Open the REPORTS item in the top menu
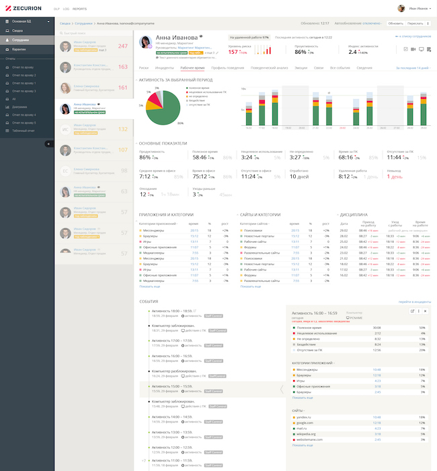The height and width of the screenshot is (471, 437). [x=79, y=9]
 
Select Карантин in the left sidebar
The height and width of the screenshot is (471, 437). [x=19, y=49]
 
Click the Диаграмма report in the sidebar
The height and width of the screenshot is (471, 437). [x=19, y=106]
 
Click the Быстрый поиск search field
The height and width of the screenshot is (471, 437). [x=95, y=32]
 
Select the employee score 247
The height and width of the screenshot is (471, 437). [x=122, y=46]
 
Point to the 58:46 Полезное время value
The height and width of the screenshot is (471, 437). [x=200, y=157]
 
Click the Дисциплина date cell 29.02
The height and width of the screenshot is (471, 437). [x=344, y=230]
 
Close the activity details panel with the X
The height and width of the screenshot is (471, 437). [x=424, y=311]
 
